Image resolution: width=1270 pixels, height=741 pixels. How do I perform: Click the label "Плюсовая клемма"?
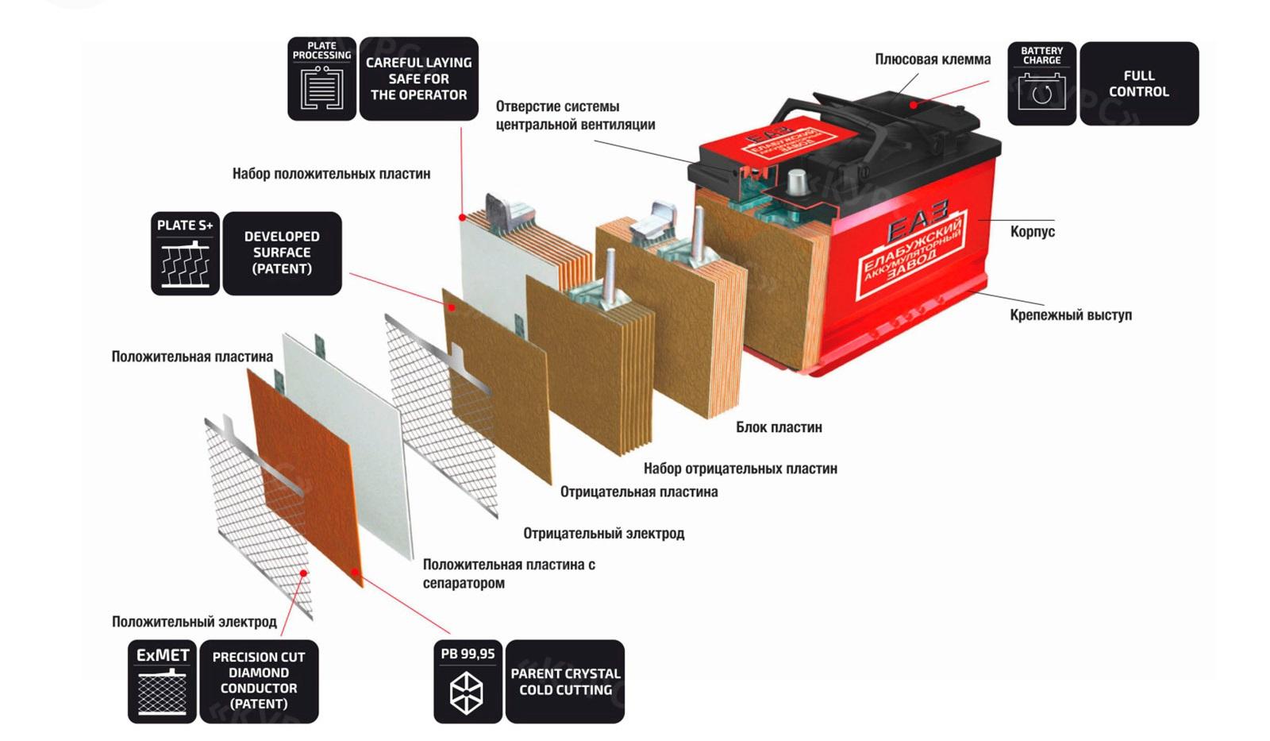[932, 60]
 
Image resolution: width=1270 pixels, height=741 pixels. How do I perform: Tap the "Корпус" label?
[1032, 232]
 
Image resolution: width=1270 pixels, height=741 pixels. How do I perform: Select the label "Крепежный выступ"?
[1070, 315]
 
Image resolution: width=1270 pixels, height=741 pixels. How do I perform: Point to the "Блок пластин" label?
[778, 427]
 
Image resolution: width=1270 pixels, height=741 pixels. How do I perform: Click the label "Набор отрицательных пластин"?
[740, 469]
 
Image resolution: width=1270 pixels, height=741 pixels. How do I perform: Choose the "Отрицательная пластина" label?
[638, 492]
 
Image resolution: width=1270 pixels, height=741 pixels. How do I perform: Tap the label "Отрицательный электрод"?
[603, 534]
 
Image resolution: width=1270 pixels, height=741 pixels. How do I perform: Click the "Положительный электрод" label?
[194, 622]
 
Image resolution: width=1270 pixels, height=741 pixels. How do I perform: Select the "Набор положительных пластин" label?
[331, 174]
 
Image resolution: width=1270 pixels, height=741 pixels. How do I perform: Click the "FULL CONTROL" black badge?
[1138, 83]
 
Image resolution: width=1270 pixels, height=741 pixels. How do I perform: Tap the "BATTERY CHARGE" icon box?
[1041, 83]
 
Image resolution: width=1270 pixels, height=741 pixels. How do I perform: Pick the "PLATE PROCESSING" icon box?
[321, 79]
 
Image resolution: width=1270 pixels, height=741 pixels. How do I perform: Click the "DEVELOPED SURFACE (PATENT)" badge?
[282, 253]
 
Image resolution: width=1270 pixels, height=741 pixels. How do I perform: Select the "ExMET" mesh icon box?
[162, 681]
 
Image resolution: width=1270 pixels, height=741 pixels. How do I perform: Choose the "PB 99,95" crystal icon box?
[468, 681]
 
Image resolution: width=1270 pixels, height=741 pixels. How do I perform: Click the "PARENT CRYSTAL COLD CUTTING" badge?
[564, 681]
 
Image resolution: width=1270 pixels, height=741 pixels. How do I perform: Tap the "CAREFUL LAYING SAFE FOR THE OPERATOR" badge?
[418, 79]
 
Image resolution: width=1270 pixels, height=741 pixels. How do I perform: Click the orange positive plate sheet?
[306, 477]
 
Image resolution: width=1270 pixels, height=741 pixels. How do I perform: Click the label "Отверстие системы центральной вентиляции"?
[575, 115]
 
